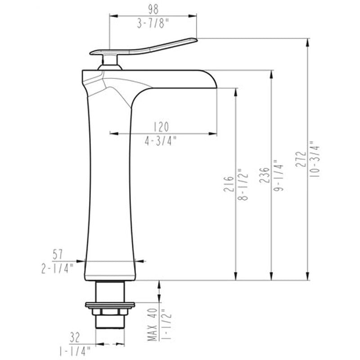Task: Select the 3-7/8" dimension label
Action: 153,24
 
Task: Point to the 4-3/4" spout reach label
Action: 160,140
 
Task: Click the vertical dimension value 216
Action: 229,184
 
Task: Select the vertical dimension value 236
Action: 265,174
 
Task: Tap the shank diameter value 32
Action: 75,335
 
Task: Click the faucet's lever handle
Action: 148,47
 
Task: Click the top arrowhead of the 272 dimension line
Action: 307,41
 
